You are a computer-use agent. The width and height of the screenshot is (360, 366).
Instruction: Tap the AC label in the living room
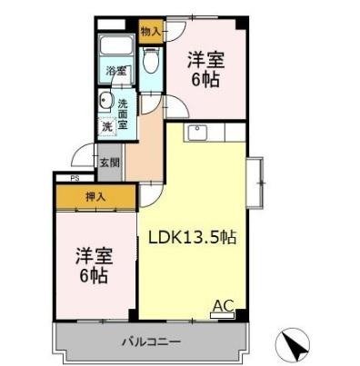222,306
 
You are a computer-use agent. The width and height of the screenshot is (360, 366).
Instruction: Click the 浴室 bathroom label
115,70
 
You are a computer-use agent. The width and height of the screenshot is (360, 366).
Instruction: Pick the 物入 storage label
151,31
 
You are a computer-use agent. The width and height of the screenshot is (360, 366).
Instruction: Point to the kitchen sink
197,134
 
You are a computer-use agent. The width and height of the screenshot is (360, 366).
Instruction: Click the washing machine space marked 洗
106,127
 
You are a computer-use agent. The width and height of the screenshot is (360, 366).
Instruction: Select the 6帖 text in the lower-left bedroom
92,275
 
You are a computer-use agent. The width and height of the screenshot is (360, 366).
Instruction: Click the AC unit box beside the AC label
223,317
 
